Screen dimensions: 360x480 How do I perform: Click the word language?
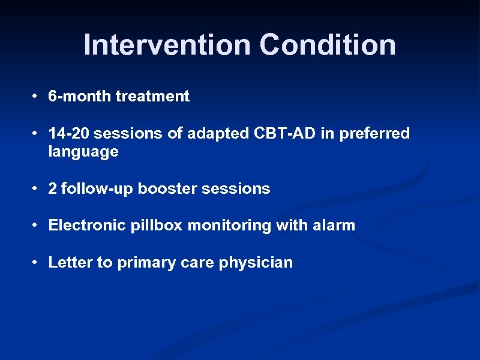pyautogui.click(x=83, y=152)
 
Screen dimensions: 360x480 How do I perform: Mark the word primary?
pyautogui.click(x=142, y=263)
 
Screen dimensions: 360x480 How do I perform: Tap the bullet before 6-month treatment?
pyautogui.click(x=37, y=96)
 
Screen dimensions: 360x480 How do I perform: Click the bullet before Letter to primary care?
pyautogui.click(x=37, y=263)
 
